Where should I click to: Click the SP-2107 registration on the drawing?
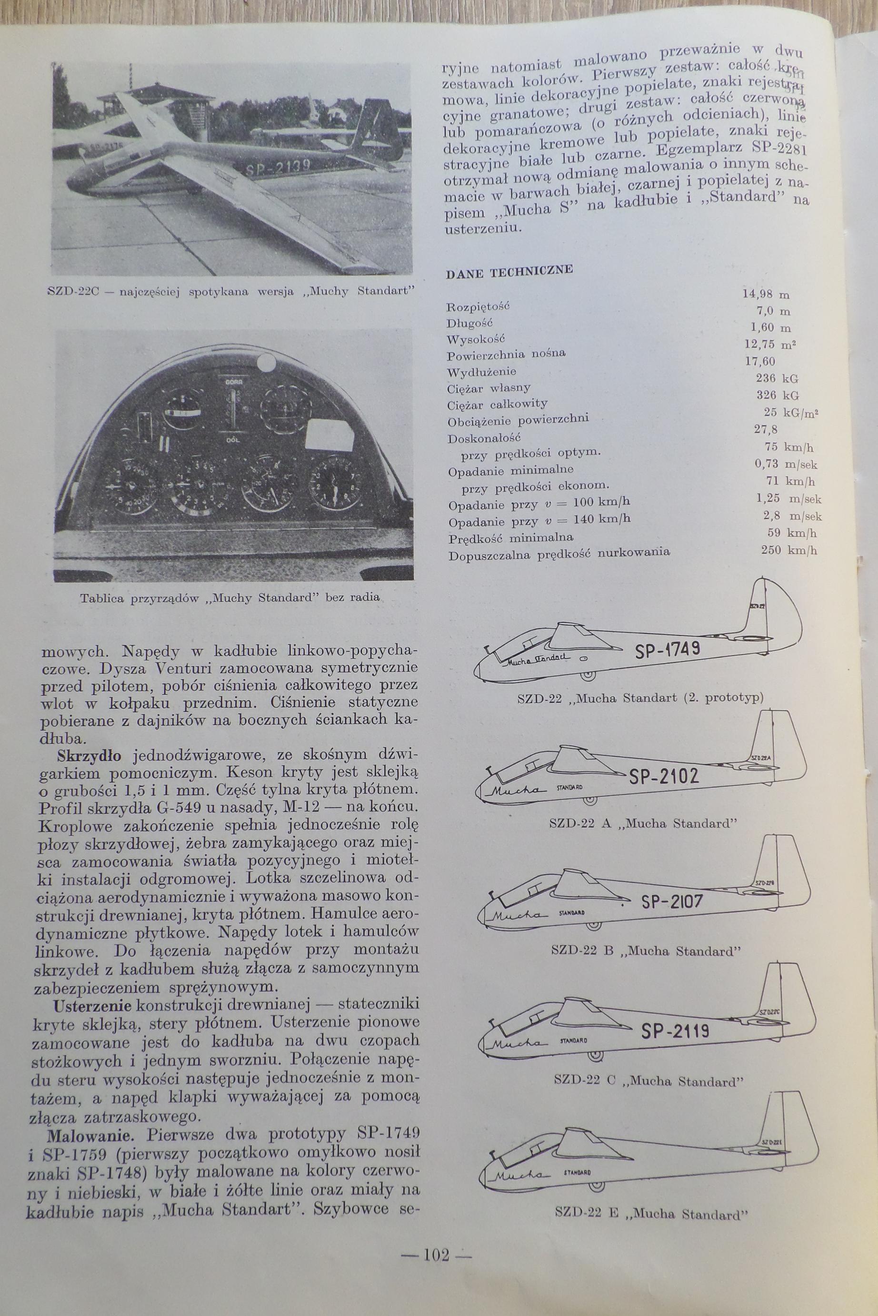pyautogui.click(x=671, y=902)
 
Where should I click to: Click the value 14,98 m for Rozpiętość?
pyautogui.click(x=766, y=293)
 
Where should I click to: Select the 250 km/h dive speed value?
pyautogui.click(x=789, y=550)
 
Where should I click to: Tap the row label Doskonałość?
pyautogui.click(x=477, y=436)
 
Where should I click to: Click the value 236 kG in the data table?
pyautogui.click(x=777, y=379)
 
